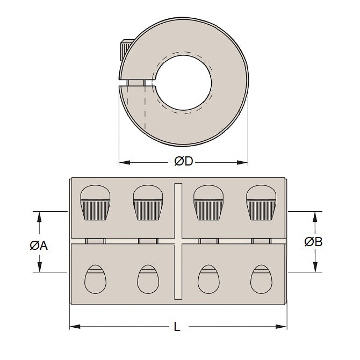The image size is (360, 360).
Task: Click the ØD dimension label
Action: (x=183, y=162)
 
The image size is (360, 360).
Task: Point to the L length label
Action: (x=177, y=326)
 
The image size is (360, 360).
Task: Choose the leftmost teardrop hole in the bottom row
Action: (x=95, y=278)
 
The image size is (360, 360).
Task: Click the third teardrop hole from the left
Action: (x=208, y=278)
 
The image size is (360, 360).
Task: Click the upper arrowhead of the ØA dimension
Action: (x=39, y=215)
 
